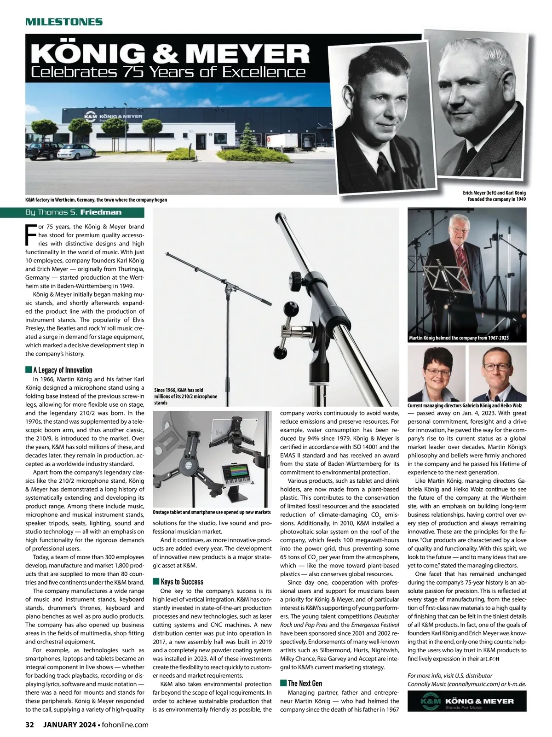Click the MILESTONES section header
(63, 22)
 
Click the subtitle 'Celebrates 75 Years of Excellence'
(168, 72)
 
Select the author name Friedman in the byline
(101, 212)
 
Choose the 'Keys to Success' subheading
(182, 581)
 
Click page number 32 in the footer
(30, 725)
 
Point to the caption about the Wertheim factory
(96, 200)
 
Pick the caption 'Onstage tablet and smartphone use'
(212, 512)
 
